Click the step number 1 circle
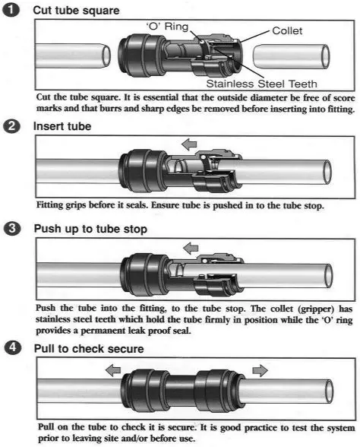(x=11, y=11)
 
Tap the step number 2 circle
(x=11, y=126)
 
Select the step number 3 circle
(x=12, y=229)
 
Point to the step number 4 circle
(x=12, y=348)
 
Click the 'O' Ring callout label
(x=167, y=27)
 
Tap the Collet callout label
(x=287, y=30)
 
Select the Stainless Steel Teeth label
(x=261, y=84)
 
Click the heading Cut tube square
(x=76, y=11)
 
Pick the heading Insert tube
(x=62, y=126)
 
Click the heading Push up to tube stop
(x=90, y=229)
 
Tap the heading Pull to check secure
(x=89, y=349)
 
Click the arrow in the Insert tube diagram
(x=189, y=144)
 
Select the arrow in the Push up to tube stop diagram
(x=191, y=249)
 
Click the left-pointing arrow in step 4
(x=113, y=371)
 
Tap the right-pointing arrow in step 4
(x=260, y=371)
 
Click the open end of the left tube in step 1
(x=106, y=55)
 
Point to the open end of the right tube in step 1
(x=326, y=56)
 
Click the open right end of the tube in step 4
(x=330, y=391)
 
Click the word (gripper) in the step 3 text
(x=316, y=309)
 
